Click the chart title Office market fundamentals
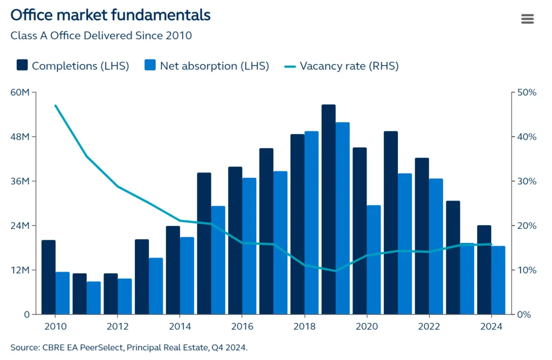(x=111, y=15)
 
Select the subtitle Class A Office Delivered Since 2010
(x=101, y=36)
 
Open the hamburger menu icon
(x=527, y=19)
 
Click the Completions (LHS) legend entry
(x=73, y=66)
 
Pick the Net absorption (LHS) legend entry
(x=207, y=66)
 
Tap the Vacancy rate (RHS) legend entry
(x=342, y=66)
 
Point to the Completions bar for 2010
(x=49, y=277)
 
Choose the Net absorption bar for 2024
(x=499, y=280)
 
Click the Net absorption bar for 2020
(x=374, y=260)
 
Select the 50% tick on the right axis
(x=526, y=93)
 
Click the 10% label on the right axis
(x=526, y=270)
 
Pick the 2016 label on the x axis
(x=242, y=327)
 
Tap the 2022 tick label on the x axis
(x=429, y=327)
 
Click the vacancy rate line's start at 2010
(x=56, y=106)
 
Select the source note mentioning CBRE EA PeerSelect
(x=129, y=347)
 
